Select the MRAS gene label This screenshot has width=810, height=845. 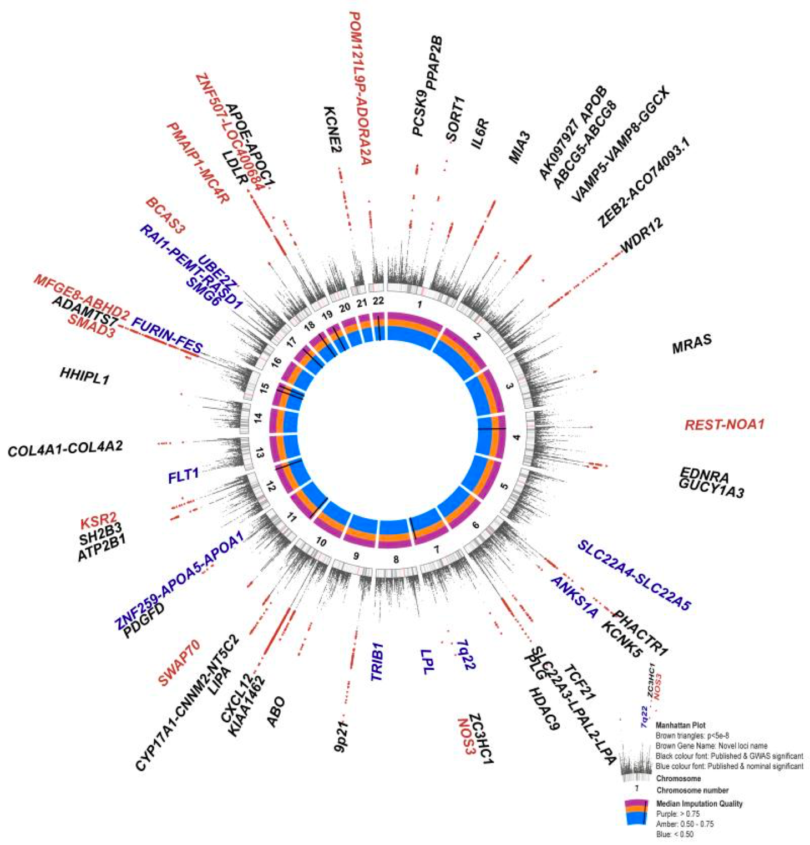point(691,344)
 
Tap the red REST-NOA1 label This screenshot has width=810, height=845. point(724,425)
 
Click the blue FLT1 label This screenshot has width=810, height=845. point(184,476)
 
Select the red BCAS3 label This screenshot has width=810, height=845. point(165,216)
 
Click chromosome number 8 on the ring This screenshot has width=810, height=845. point(396,559)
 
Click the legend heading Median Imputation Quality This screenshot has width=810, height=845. point(699,803)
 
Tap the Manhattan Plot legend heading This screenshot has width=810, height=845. point(680,725)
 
